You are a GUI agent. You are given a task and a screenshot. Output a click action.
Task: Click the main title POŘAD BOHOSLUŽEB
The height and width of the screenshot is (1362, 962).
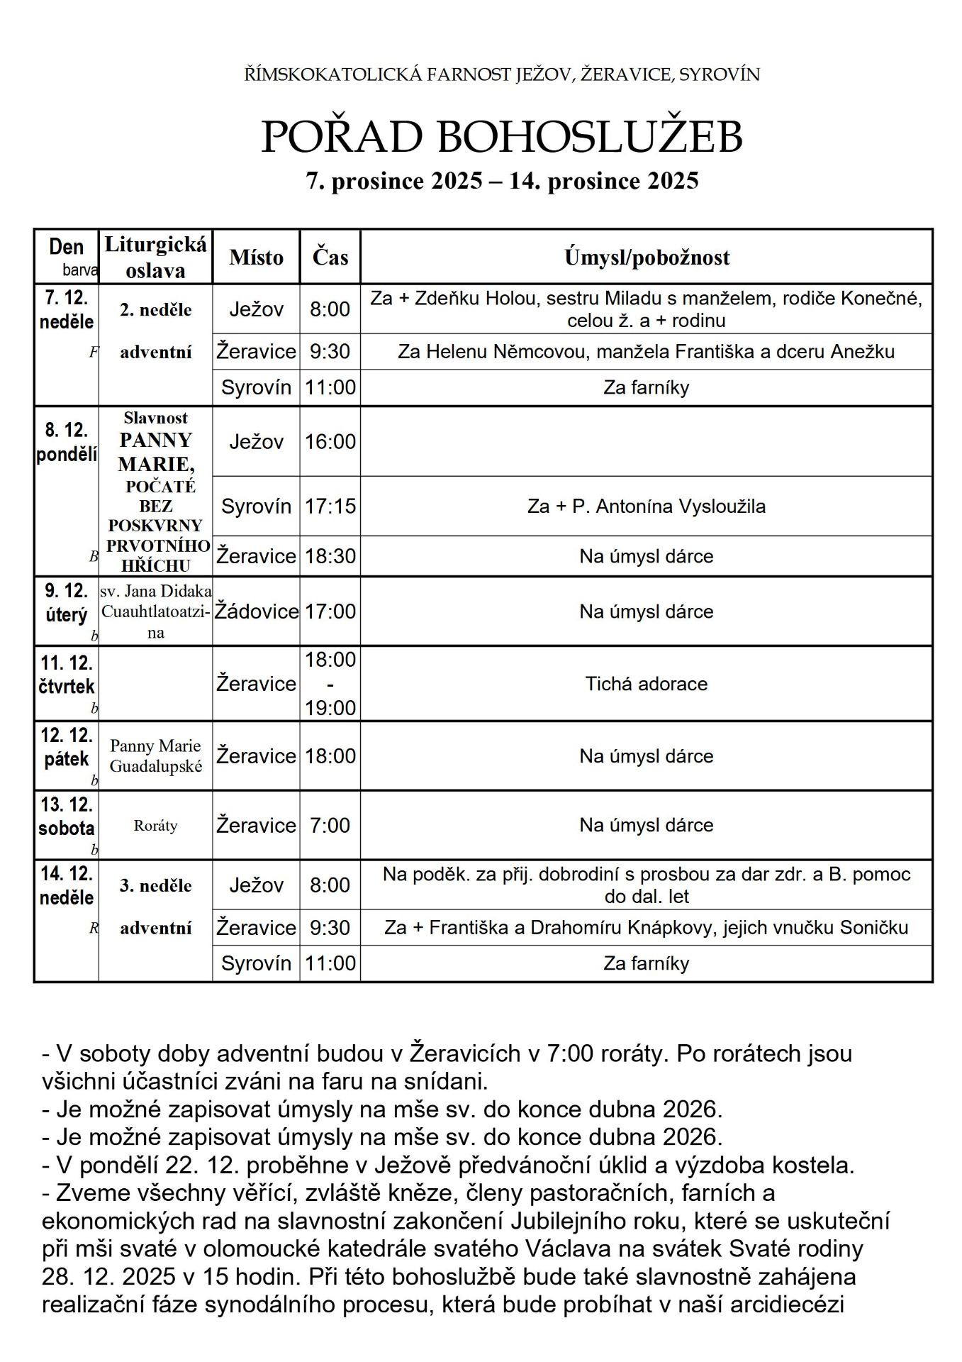502,137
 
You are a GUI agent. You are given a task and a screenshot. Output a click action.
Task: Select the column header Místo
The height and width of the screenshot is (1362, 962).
256,258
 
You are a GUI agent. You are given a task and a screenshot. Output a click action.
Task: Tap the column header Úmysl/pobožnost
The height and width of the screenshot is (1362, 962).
647,258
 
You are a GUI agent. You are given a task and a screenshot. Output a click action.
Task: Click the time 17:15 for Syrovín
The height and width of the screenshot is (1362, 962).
330,506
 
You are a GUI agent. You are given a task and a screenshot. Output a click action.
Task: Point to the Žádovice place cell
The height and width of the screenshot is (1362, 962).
257,611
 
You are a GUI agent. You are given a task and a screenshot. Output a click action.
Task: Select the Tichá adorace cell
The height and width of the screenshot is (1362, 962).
647,684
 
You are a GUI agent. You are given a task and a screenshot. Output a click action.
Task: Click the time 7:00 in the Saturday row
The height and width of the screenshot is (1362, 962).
330,825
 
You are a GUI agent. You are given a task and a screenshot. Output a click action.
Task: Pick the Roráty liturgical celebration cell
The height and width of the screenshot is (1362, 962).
155,826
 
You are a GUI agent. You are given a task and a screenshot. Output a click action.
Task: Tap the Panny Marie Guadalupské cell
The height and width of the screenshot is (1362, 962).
155,755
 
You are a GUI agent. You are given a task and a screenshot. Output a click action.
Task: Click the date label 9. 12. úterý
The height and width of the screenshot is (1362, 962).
66,603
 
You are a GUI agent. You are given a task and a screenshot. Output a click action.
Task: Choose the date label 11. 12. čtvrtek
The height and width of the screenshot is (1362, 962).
67,675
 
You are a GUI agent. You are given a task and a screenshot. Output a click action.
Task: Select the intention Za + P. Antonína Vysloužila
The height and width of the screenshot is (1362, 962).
647,506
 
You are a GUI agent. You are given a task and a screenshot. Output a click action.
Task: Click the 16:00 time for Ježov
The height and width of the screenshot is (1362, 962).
330,442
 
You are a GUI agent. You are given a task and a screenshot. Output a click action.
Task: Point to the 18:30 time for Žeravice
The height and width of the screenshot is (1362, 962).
330,556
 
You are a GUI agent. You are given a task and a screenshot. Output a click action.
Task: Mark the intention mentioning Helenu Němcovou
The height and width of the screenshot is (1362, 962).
647,352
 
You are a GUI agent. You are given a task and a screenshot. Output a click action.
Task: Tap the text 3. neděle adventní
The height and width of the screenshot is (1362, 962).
156,907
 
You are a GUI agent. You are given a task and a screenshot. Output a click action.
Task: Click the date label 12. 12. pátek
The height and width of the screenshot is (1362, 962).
67,747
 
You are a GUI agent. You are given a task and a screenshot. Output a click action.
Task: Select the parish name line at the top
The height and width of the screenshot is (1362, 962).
502,74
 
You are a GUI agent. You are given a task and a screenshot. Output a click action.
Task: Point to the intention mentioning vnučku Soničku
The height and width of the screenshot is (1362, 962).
647,928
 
